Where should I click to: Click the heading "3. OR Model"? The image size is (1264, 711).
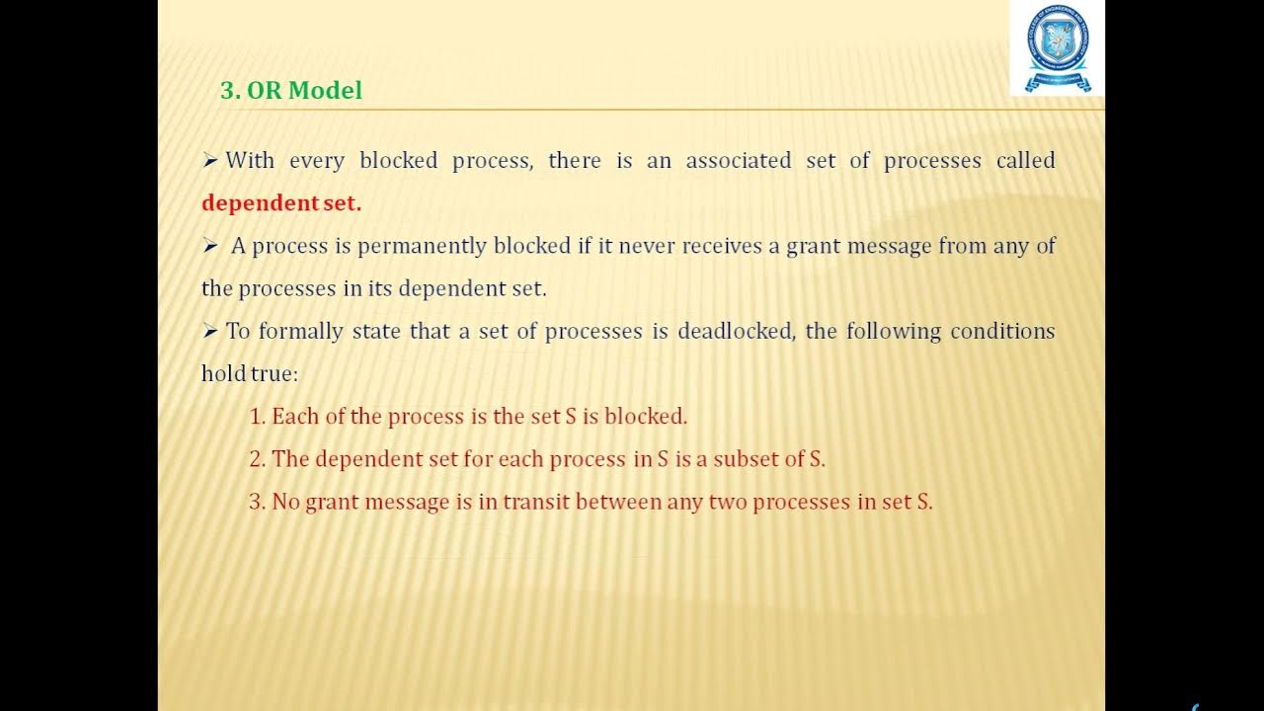291,91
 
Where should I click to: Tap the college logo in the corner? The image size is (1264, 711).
1057,47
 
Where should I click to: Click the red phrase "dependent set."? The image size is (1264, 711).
281,203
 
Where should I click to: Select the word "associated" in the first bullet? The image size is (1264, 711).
739,161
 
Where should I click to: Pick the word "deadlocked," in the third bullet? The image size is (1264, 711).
736,331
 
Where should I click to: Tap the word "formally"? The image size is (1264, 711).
300,331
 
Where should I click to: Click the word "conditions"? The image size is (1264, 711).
1002,331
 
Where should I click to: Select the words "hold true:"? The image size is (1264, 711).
249,374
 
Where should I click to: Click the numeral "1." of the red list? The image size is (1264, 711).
258,417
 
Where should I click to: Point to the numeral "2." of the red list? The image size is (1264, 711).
258,459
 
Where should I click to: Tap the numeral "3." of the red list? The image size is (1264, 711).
258,502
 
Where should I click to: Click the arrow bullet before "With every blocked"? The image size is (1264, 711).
209,161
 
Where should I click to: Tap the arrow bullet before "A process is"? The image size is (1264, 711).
209,246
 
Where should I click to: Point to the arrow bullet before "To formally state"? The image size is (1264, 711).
209,331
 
